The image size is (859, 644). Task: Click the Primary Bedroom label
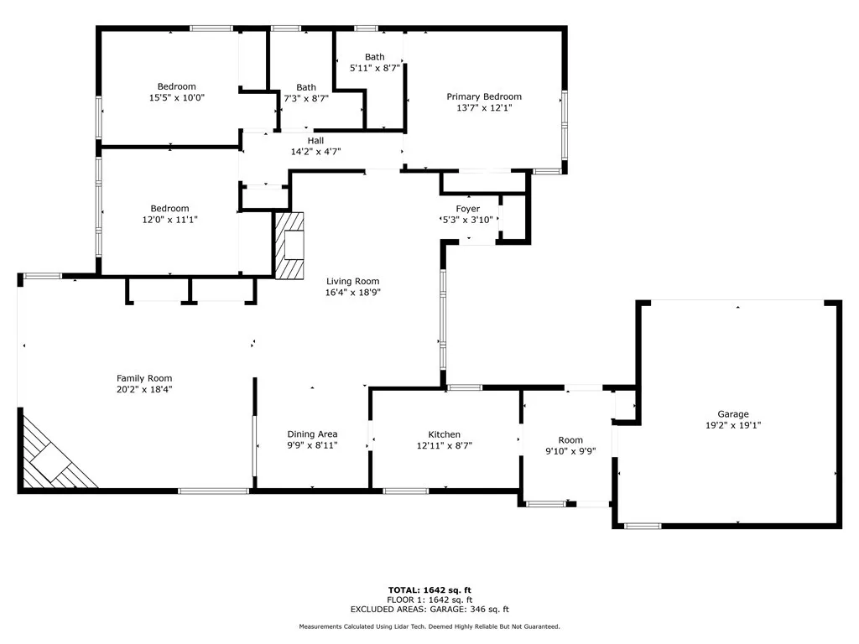pos(483,96)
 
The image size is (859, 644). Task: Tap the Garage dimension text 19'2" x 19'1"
pos(732,425)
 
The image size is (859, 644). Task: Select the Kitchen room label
pos(444,434)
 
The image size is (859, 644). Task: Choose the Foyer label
pos(467,209)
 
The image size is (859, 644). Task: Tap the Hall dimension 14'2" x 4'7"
pos(315,152)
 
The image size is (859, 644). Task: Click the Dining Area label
pos(312,434)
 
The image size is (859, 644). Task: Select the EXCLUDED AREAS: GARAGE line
pos(429,610)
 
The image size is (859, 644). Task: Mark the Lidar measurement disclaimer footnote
pos(429,626)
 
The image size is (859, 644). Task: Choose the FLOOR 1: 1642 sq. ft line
pos(429,600)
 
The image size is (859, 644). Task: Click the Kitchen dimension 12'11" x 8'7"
pos(444,445)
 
